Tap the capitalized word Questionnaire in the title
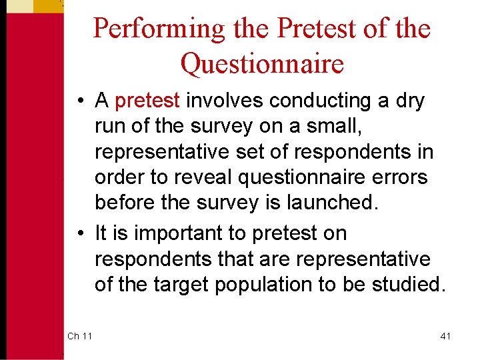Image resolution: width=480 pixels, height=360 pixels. point(262,64)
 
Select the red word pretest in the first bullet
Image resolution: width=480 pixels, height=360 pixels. point(147,101)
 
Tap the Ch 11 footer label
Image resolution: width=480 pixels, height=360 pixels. point(79,336)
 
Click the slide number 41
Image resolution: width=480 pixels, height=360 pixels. point(445,336)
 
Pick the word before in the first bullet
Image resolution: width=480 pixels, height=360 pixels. point(124,203)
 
